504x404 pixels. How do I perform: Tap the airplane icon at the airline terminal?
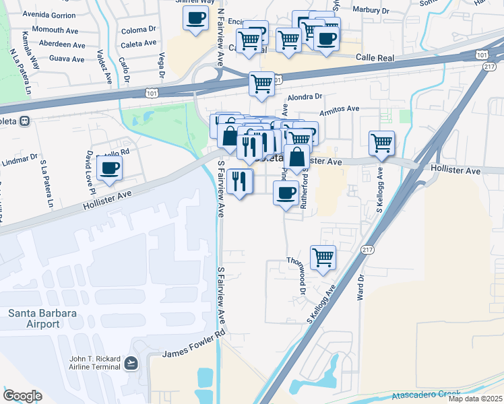131,364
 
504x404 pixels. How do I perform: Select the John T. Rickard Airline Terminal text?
94,363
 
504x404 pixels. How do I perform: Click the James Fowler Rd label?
192,347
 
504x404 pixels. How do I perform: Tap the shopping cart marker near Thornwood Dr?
323,257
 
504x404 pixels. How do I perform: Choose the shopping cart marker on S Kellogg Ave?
382,142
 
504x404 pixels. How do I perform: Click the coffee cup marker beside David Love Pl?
109,167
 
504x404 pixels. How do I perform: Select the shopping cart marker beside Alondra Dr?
261,83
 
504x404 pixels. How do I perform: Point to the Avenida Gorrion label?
49,14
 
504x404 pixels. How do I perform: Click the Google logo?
22,396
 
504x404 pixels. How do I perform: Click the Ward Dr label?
361,286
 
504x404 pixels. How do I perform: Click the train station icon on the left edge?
24,121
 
